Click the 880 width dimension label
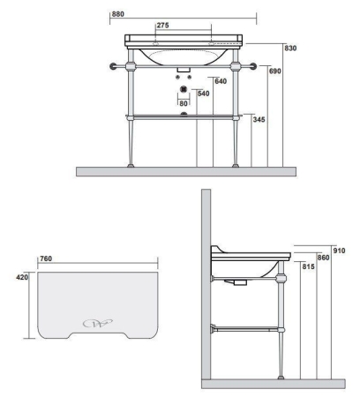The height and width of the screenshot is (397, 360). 118,14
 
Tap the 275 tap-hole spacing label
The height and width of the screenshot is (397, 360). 162,26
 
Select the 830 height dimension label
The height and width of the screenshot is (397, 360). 290,48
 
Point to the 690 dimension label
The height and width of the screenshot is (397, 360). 275,71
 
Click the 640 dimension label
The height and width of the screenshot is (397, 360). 221,81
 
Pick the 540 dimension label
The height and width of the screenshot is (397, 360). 204,94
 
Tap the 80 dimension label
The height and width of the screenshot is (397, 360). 184,103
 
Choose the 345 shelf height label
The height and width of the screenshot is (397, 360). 259,120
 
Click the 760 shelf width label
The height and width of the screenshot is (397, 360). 46,258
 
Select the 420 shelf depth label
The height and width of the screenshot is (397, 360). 22,277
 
